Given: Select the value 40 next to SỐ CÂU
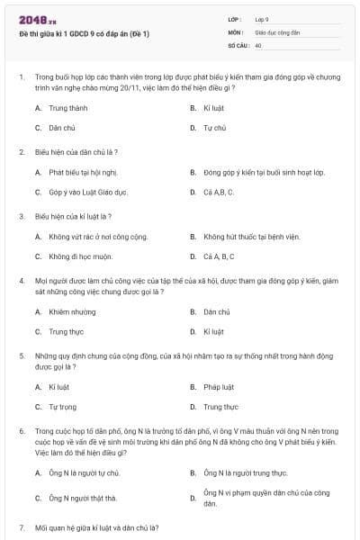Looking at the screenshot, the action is coord(258,44).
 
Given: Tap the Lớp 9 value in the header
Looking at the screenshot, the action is coord(262,19).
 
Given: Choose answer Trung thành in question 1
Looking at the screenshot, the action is coord(65,107).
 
